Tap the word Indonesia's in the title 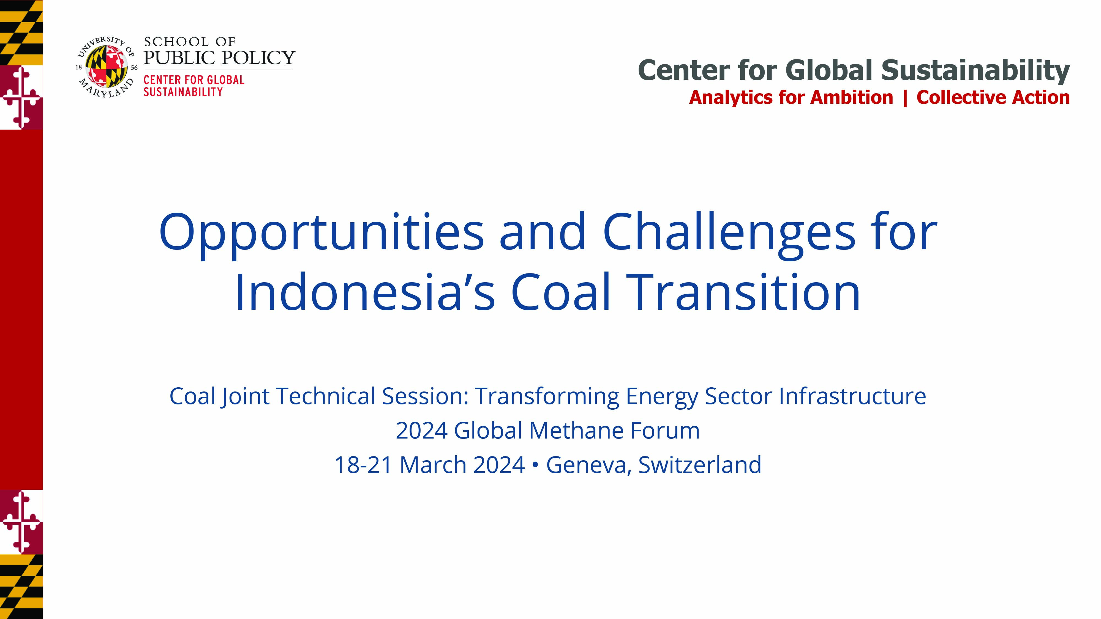point(365,292)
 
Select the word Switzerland point(700,464)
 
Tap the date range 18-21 point(363,465)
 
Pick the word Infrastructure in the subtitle point(852,396)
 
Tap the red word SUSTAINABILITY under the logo point(183,92)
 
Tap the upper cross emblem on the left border point(21,97)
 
